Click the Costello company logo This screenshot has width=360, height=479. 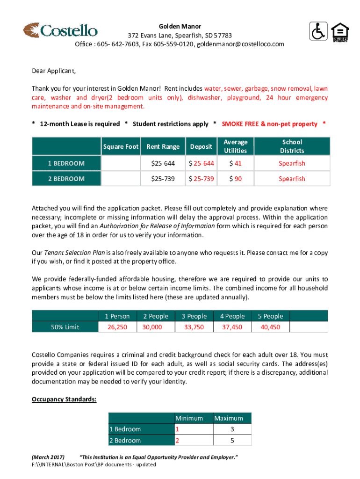pyautogui.click(x=60, y=30)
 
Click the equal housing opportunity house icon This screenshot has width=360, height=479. pyautogui.click(x=339, y=32)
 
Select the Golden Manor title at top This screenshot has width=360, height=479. pyautogui.click(x=180, y=26)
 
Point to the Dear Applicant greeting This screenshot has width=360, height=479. pyautogui.click(x=53, y=71)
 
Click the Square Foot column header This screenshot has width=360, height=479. pyautogui.click(x=121, y=146)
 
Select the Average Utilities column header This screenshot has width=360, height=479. pyautogui.click(x=235, y=146)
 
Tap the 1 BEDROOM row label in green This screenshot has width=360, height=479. pyautogui.click(x=66, y=163)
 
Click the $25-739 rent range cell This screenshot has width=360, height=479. pyautogui.click(x=163, y=179)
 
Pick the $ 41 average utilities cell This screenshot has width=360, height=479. pyautogui.click(x=235, y=163)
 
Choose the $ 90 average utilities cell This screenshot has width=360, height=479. pyautogui.click(x=235, y=179)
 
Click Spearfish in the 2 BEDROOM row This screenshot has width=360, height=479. pyautogui.click(x=292, y=179)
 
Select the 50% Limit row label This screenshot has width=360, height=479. pyautogui.click(x=65, y=327)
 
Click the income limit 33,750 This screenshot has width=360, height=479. pyautogui.click(x=194, y=327)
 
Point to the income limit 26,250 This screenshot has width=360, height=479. pyautogui.click(x=117, y=327)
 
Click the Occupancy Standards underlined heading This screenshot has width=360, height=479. pyautogui.click(x=64, y=399)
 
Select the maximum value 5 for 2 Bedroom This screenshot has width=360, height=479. pyautogui.click(x=232, y=441)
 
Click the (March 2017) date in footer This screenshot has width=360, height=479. pyautogui.click(x=48, y=457)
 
